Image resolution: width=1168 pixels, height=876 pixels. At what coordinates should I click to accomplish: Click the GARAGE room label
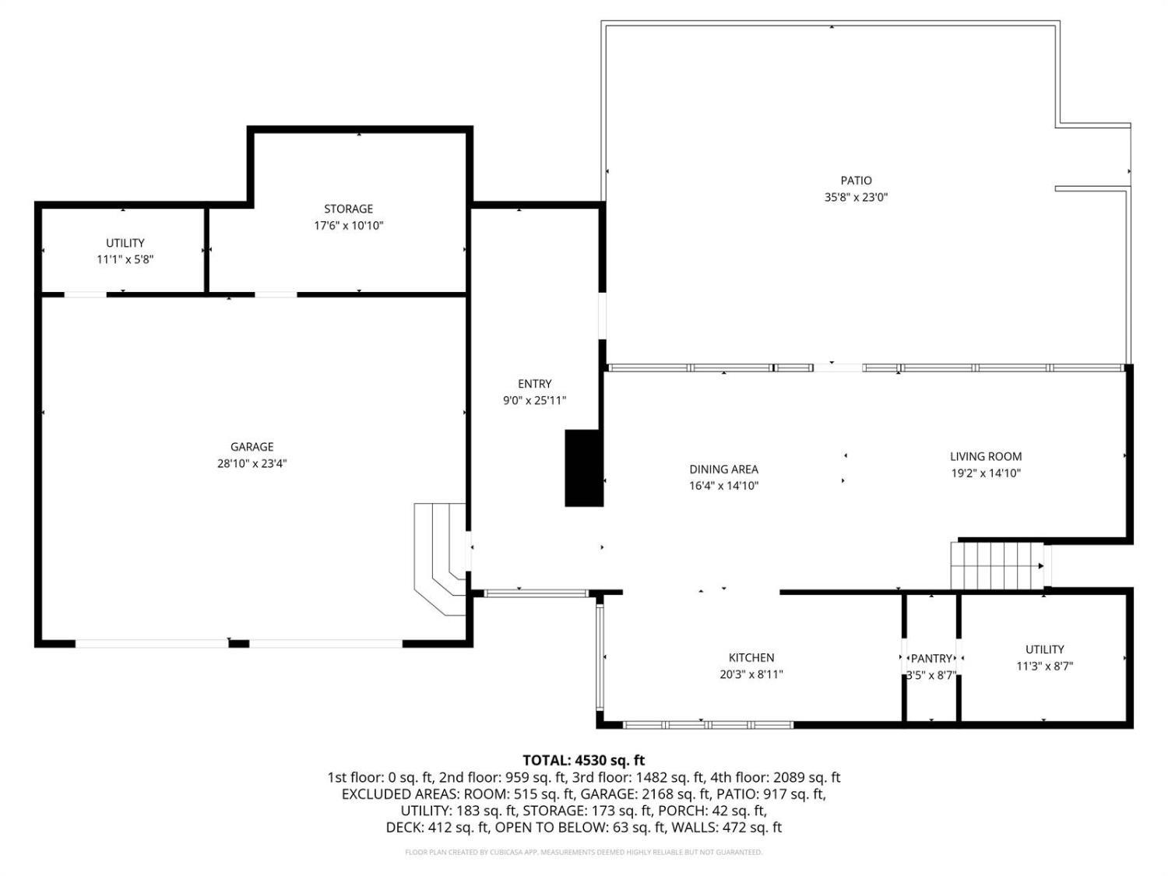pyautogui.click(x=252, y=447)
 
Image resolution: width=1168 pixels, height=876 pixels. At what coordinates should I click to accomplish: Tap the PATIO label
pyautogui.click(x=857, y=181)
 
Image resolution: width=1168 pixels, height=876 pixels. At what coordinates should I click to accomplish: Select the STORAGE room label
pyautogui.click(x=349, y=209)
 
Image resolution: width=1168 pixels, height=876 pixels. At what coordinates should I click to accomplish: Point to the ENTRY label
pyautogui.click(x=534, y=383)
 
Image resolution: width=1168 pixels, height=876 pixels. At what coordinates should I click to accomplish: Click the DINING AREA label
pyautogui.click(x=723, y=469)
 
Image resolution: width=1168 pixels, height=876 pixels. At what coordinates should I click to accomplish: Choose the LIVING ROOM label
pyautogui.click(x=986, y=456)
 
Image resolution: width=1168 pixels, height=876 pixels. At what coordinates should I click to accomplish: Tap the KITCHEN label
pyautogui.click(x=751, y=657)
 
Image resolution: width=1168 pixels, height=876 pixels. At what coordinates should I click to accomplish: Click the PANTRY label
pyautogui.click(x=931, y=659)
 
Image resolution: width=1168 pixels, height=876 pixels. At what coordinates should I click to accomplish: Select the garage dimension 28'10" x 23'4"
pyautogui.click(x=252, y=463)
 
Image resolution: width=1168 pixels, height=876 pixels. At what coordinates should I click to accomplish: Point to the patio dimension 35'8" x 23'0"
pyautogui.click(x=857, y=197)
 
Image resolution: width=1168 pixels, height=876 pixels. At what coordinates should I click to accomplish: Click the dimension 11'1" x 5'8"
pyautogui.click(x=125, y=259)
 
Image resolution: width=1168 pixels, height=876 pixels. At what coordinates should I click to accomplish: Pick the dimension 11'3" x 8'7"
pyautogui.click(x=1044, y=666)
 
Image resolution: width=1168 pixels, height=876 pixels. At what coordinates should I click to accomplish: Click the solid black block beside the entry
pyautogui.click(x=584, y=468)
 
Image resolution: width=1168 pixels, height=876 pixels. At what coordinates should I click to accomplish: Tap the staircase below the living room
pyautogui.click(x=997, y=566)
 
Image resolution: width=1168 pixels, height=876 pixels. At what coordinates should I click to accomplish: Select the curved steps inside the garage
pyautogui.click(x=441, y=558)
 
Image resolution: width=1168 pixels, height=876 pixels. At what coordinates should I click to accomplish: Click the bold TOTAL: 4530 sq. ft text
pyautogui.click(x=584, y=760)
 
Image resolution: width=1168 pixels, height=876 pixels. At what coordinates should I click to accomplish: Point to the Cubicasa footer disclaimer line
pyautogui.click(x=584, y=852)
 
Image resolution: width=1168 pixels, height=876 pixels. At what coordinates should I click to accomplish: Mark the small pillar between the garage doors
pyautogui.click(x=239, y=644)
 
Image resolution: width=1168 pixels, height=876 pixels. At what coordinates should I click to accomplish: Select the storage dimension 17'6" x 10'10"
pyautogui.click(x=349, y=226)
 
